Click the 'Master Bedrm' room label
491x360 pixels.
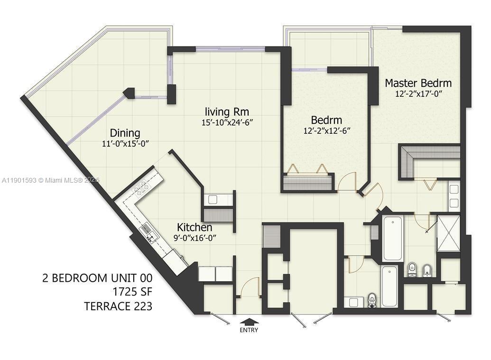pyautogui.click(x=418, y=83)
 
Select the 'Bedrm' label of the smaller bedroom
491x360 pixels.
pyautogui.click(x=326, y=120)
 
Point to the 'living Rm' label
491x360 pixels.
pyautogui.click(x=227, y=112)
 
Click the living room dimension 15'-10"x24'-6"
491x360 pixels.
pyautogui.click(x=227, y=122)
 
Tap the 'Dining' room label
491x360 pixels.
pyautogui.click(x=125, y=133)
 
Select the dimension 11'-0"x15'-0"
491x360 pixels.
pyautogui.click(x=126, y=144)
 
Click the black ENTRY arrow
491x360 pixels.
pyautogui.click(x=249, y=322)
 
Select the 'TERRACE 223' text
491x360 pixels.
pyautogui.click(x=118, y=306)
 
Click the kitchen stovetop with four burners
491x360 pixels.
pyautogui.click(x=142, y=189)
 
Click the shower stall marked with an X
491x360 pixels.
pyautogui.click(x=448, y=232)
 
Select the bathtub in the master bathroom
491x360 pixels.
pyautogui.click(x=392, y=239)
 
